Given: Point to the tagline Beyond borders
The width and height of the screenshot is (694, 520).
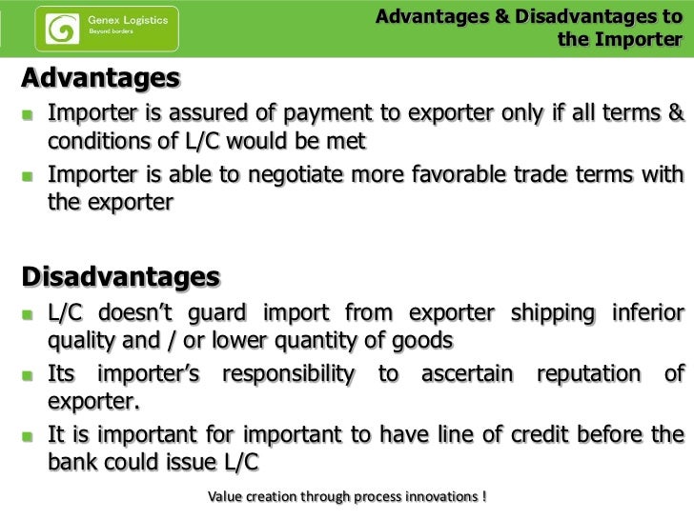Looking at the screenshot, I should pos(111,31).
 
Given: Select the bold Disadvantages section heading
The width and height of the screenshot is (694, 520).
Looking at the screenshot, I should pos(120,277).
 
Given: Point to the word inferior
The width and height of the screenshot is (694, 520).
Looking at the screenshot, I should pos(643,315).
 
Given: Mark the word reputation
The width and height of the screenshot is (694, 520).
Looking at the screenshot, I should pos(582,375).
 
